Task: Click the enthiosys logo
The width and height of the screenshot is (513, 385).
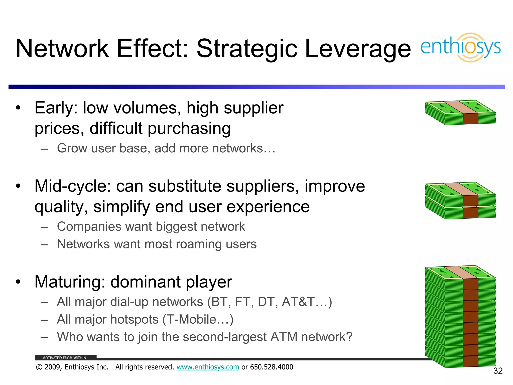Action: [460, 48]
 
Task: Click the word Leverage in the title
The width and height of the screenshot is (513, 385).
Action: [358, 49]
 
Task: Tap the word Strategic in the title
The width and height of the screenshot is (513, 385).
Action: [246, 49]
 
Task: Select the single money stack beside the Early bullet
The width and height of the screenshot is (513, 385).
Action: [460, 113]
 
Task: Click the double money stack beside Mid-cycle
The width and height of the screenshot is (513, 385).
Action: [460, 201]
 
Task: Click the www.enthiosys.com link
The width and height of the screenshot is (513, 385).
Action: [208, 367]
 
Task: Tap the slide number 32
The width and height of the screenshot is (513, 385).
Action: [498, 371]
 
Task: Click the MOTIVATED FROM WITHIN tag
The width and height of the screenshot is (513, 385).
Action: [64, 358]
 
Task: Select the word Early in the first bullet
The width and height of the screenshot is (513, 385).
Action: [56, 108]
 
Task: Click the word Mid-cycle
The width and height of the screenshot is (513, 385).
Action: [73, 186]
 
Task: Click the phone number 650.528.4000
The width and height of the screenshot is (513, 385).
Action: [272, 367]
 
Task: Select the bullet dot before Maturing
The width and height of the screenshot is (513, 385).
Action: [18, 282]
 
